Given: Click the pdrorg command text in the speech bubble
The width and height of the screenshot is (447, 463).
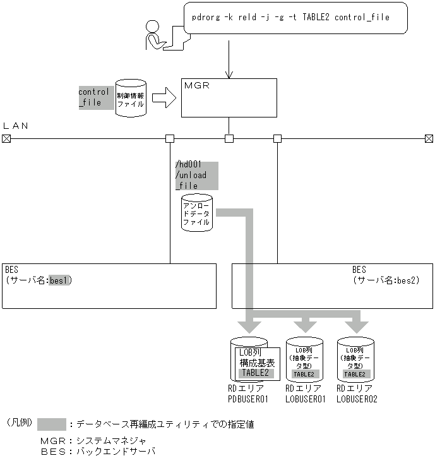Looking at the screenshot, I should tap(290, 18).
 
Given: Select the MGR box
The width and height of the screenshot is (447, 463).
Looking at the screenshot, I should tap(229, 98).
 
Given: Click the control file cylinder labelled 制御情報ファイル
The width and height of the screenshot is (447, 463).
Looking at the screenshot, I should tap(131, 97).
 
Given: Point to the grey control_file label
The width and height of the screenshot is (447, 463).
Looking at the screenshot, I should tap(93, 97).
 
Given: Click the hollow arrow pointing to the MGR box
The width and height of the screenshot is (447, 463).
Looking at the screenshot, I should tap(164, 98).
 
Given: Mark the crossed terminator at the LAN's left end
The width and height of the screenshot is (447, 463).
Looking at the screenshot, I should tap(6, 138).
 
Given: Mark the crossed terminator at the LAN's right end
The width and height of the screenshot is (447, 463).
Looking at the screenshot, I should tap(429, 138).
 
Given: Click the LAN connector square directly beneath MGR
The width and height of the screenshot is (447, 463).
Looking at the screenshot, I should tap(229, 138).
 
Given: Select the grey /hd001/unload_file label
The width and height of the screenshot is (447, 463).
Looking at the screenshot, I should tap(196, 176).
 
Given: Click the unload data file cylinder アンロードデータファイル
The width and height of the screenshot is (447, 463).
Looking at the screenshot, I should tap(197, 213).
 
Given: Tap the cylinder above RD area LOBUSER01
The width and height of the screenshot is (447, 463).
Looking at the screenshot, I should tap(304, 359).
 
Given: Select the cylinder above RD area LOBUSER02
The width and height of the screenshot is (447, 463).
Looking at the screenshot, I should tap(355, 359).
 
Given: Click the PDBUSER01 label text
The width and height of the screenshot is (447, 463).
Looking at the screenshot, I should tap(248, 399).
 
